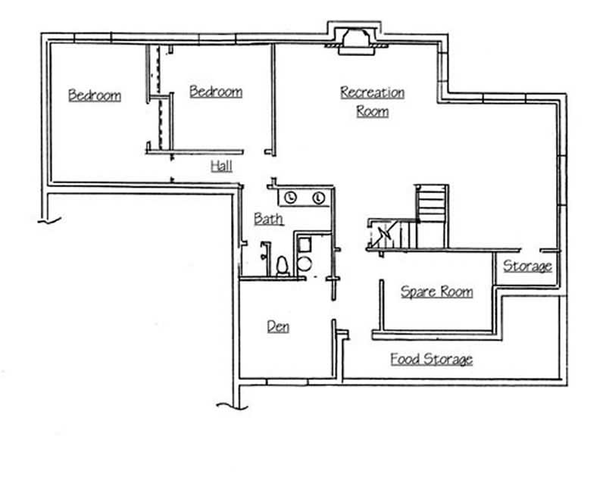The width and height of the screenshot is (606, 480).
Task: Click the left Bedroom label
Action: tap(94, 95)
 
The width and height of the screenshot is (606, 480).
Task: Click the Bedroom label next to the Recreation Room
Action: tap(216, 92)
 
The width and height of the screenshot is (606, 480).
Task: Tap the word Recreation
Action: tap(372, 92)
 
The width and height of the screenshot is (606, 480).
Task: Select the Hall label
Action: tap(221, 166)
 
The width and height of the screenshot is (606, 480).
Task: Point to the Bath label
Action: tap(268, 219)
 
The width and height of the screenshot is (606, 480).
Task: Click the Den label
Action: tap(278, 326)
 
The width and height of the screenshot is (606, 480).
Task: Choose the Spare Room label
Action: tap(436, 291)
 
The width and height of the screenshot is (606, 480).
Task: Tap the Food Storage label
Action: tap(431, 359)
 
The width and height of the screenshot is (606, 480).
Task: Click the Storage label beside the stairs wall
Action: tap(527, 266)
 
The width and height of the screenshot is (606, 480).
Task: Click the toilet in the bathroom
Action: tap(282, 266)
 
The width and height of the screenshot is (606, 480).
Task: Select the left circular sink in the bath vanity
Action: tap(292, 198)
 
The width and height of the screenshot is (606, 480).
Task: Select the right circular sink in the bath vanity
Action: tap(318, 198)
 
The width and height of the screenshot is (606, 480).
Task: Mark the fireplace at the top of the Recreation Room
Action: tap(354, 39)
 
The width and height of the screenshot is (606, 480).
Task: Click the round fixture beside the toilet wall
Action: tap(305, 263)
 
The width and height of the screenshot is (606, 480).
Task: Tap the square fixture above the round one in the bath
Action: tap(305, 244)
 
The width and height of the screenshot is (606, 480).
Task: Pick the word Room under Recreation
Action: tap(372, 111)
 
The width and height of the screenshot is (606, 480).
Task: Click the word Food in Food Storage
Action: tap(405, 359)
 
